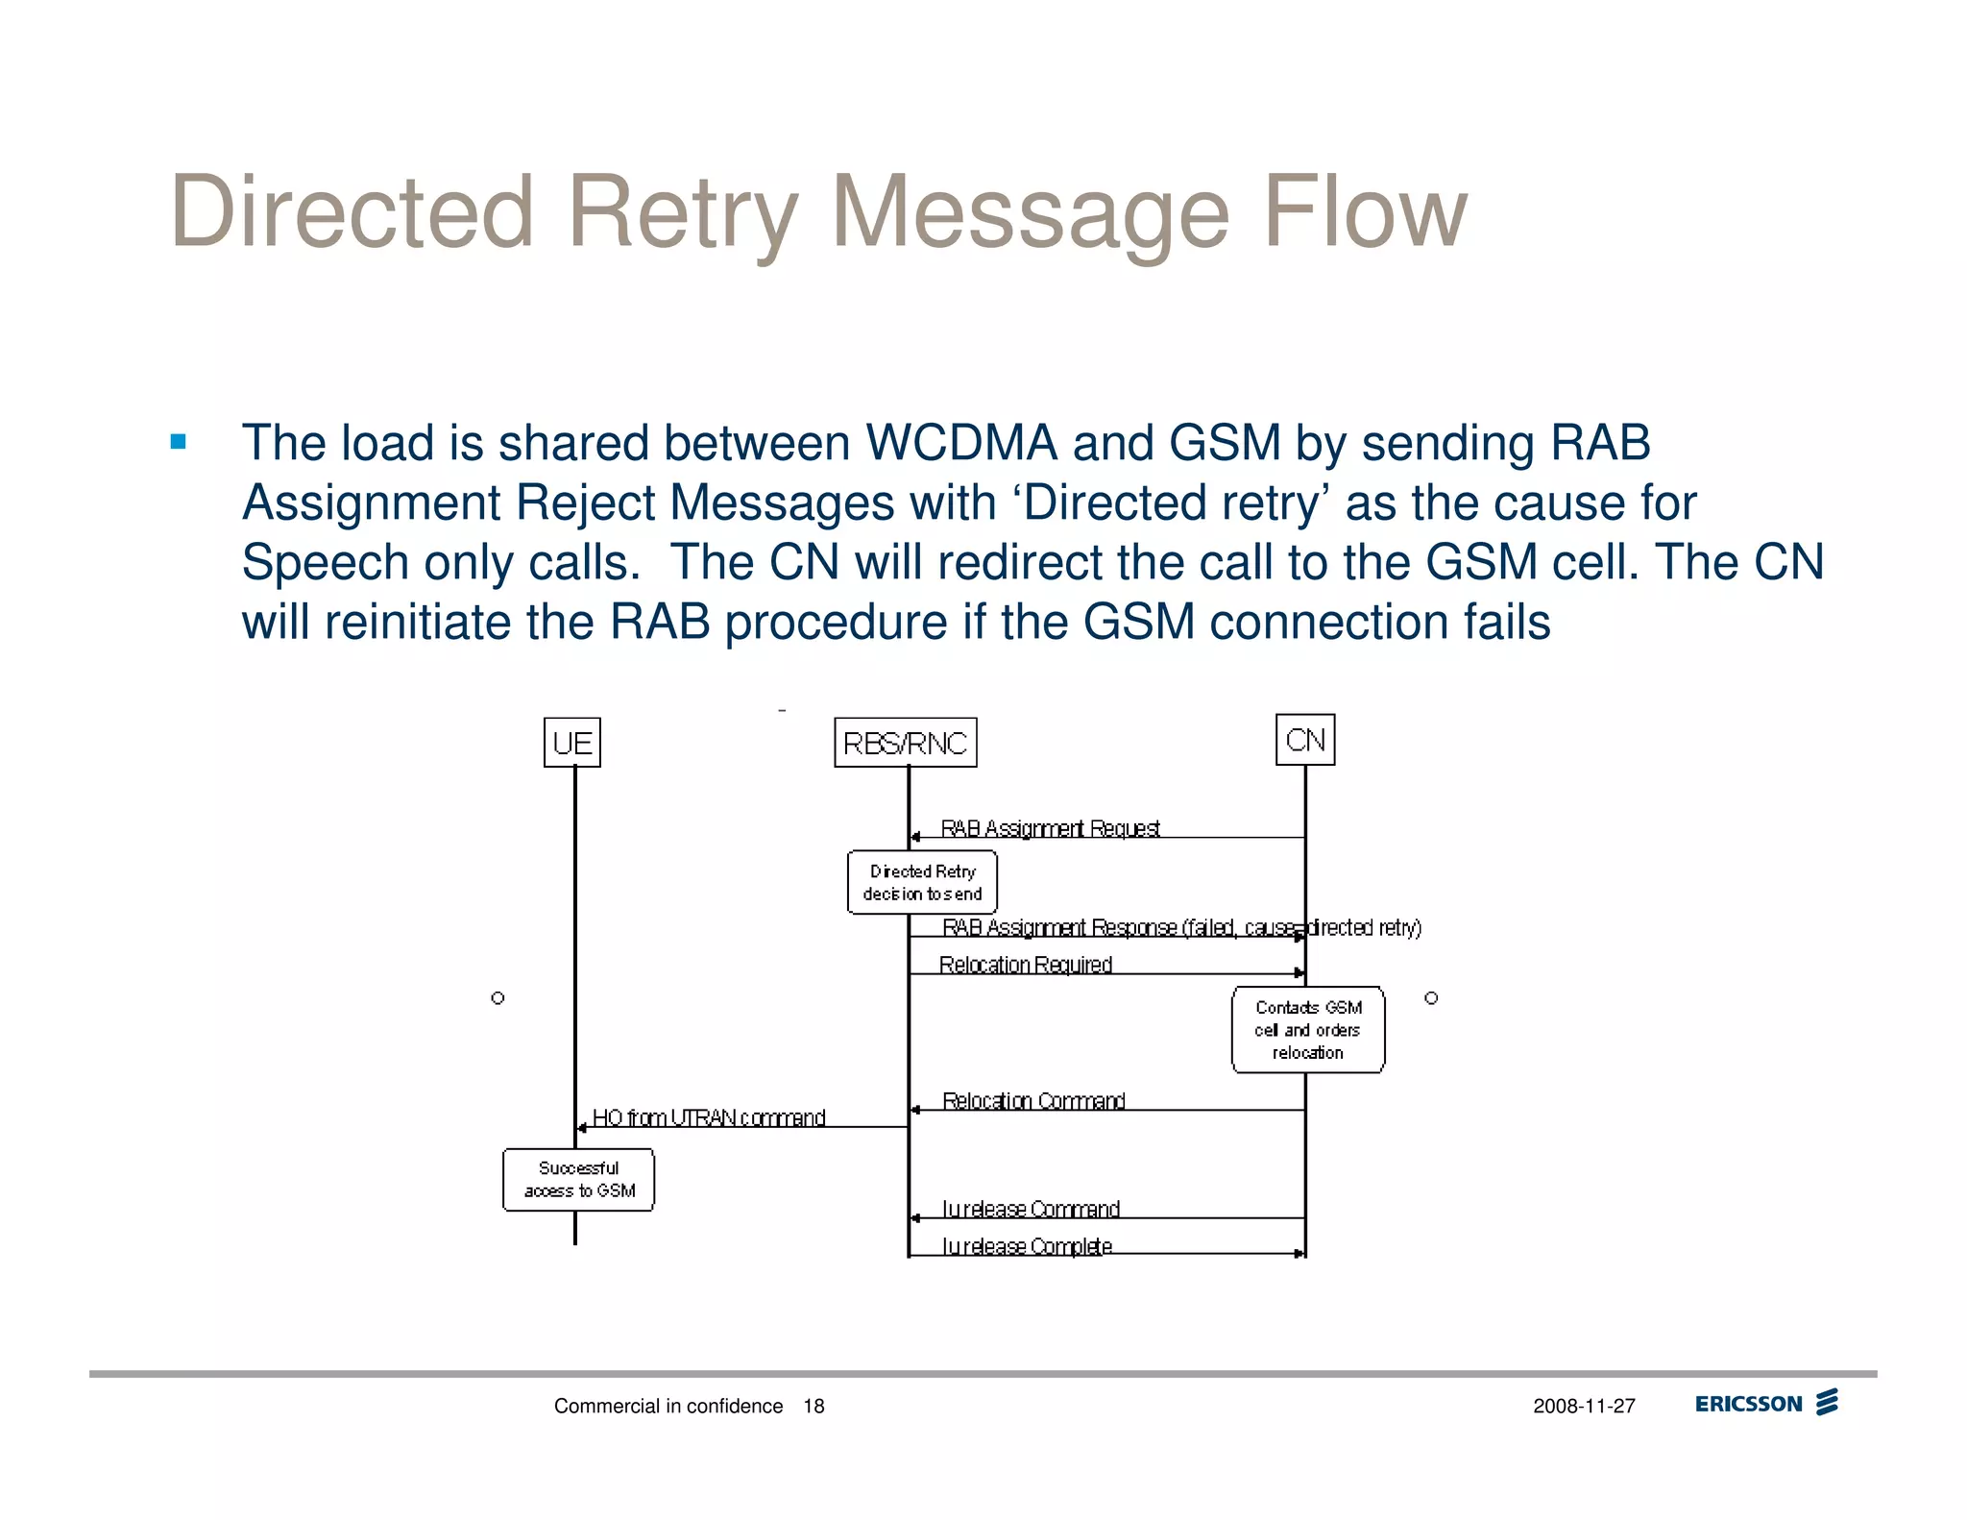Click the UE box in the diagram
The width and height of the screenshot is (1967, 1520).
[x=572, y=743]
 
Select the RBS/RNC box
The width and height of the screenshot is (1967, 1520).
[x=905, y=743]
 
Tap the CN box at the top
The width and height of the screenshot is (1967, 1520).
[x=1305, y=740]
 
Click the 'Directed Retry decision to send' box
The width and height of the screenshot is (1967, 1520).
[x=922, y=882]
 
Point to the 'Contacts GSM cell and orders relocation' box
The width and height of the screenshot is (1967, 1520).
[x=1308, y=1030]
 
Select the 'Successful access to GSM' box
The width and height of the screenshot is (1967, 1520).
[x=578, y=1180]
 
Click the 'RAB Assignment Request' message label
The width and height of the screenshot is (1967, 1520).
[x=1050, y=828]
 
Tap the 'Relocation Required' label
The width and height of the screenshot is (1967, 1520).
[x=1025, y=965]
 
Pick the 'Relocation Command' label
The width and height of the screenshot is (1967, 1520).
[x=1033, y=1101]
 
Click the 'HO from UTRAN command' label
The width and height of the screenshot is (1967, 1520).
[x=709, y=1117]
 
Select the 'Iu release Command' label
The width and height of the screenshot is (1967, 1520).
[x=1031, y=1209]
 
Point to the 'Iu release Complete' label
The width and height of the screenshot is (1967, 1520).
[x=1027, y=1246]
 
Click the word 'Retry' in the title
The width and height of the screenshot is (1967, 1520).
[x=682, y=213]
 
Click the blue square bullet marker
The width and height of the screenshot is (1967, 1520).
[x=178, y=442]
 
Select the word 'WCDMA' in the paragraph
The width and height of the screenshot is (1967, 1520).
[x=961, y=444]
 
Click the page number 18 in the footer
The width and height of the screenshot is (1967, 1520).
[x=814, y=1407]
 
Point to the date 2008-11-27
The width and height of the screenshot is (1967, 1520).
[x=1584, y=1407]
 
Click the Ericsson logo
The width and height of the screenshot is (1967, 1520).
[x=1765, y=1404]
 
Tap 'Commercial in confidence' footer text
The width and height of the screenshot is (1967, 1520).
[x=668, y=1407]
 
